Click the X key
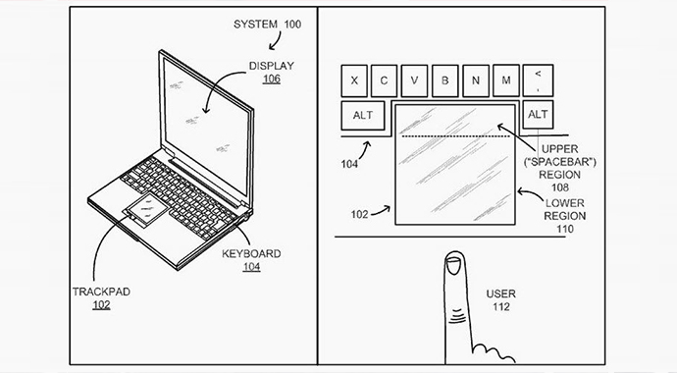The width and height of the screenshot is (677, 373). [354, 80]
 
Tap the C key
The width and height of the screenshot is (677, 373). [384, 80]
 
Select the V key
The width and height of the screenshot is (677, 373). [414, 80]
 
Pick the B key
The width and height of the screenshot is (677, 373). [445, 80]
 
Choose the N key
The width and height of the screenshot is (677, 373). [476, 80]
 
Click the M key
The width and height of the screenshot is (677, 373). [506, 80]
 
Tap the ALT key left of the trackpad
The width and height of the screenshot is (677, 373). [363, 115]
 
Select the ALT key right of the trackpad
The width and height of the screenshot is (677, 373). [538, 115]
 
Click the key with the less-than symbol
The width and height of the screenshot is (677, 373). [538, 80]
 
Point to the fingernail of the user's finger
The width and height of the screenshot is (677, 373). [453, 265]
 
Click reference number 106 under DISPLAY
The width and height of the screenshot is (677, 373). [272, 79]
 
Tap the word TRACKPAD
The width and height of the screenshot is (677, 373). [101, 292]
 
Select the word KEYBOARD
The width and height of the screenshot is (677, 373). [251, 254]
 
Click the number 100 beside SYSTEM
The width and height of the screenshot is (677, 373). [292, 25]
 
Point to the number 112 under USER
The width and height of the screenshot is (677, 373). [500, 307]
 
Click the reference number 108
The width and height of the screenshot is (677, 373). [560, 187]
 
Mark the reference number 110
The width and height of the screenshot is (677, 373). [565, 229]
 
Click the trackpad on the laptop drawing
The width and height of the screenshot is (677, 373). [146, 210]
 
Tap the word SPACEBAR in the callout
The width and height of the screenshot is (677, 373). [559, 162]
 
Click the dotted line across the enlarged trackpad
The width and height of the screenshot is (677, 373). [456, 136]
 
